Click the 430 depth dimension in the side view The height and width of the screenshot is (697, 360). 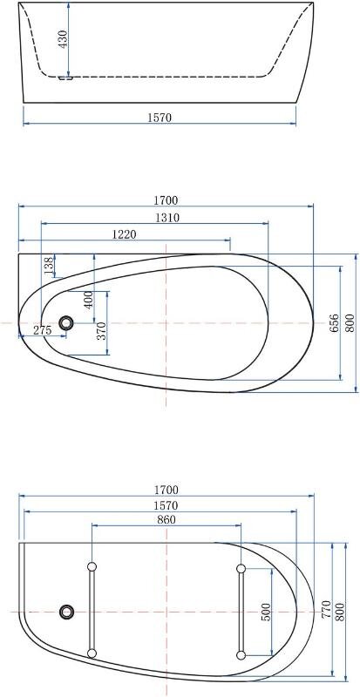[63, 39]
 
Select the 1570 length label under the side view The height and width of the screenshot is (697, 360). [160, 118]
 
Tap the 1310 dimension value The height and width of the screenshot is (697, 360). [167, 218]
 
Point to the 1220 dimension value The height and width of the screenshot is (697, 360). [124, 234]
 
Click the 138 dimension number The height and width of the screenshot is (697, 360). [50, 265]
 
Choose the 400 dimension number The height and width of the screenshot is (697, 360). [88, 300]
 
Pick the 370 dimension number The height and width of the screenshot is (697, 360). [102, 331]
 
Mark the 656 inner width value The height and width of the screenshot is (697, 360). [335, 323]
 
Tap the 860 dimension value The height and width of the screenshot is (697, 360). [166, 519]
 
